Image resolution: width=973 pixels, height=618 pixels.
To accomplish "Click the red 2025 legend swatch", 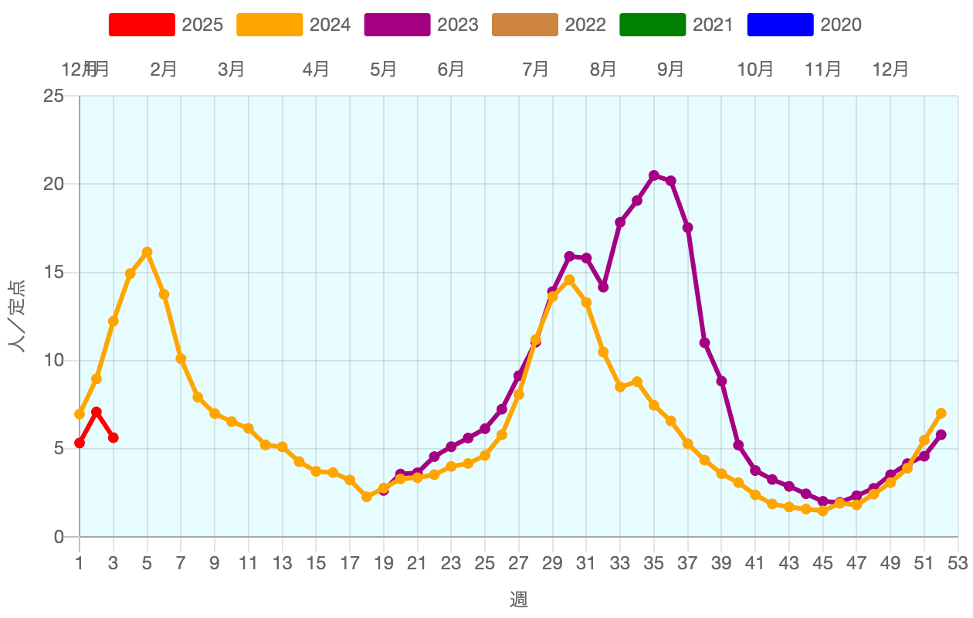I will pos(141,25).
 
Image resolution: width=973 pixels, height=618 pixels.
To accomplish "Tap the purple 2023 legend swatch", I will pos(397,25).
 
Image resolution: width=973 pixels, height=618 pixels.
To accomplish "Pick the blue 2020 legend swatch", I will pos(780,25).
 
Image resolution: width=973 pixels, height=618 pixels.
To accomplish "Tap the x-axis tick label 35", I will pos(654,564).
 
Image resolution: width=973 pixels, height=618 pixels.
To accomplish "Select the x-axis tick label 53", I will pos(958,564).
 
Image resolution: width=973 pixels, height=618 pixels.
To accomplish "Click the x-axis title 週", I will pos(518,599).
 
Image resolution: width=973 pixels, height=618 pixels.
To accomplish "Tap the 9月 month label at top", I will pos(671,70).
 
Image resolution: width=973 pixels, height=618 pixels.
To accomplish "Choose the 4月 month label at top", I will pos(316,70).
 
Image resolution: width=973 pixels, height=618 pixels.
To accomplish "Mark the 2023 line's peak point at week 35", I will pos(654,175).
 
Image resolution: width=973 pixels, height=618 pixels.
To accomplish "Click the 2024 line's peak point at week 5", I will pos(147,252).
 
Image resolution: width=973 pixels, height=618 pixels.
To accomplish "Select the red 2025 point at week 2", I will pos(97,412).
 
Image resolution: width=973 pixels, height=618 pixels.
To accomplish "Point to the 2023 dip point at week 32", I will pos(603,287).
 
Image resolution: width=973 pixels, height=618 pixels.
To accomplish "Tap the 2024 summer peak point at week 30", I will pos(569,280).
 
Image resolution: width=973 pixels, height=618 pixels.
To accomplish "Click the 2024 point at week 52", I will pos(941,413).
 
